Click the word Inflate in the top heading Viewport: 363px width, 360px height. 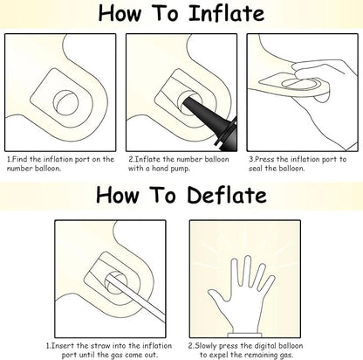click(227, 13)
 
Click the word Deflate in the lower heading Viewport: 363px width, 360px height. click(227, 195)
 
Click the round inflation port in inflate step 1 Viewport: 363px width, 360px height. click(66, 102)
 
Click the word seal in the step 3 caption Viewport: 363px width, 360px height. click(256, 169)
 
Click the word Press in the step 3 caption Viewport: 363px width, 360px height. click(264, 159)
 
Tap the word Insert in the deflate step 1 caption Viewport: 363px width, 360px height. click(62, 346)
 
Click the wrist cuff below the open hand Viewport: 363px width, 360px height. click(244, 336)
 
